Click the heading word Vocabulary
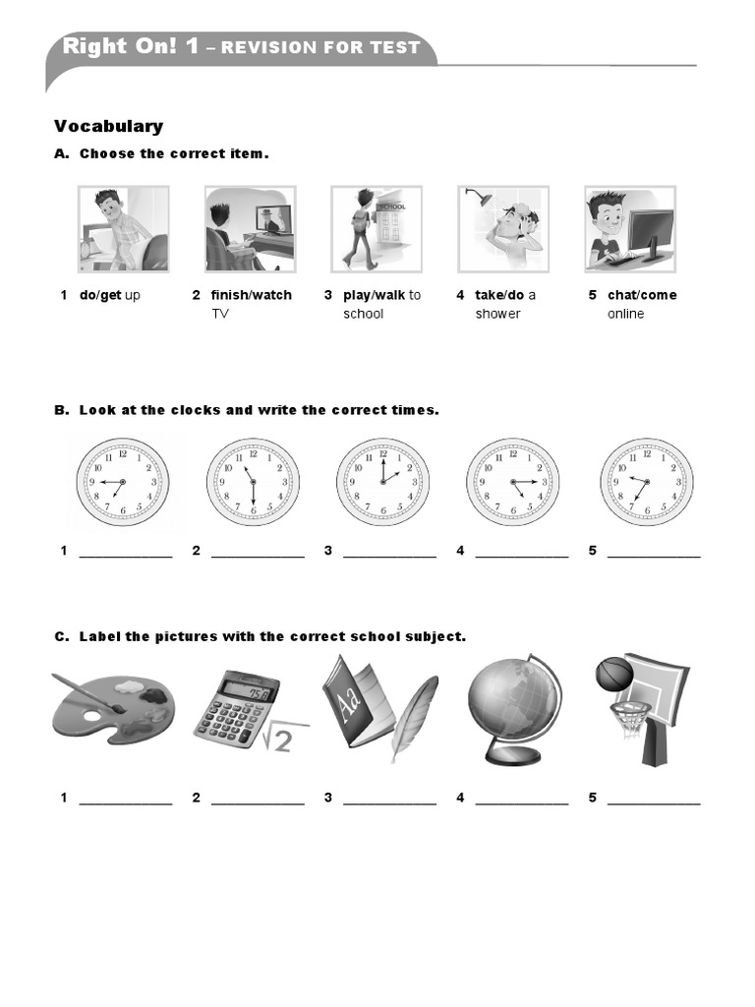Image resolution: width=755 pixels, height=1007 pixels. click(x=108, y=126)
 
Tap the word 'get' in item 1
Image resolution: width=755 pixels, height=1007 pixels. click(x=112, y=295)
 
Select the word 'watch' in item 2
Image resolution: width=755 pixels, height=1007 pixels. click(x=272, y=295)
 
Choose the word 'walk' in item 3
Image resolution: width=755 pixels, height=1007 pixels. click(x=389, y=295)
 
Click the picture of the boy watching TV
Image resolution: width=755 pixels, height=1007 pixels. click(x=250, y=229)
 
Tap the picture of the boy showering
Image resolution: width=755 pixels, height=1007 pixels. click(x=502, y=229)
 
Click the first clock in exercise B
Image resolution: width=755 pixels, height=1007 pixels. click(x=123, y=483)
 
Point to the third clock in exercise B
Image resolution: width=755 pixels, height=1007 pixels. click(x=383, y=483)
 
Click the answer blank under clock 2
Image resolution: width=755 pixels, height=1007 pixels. click(x=258, y=556)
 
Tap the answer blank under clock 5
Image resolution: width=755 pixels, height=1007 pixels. click(x=654, y=556)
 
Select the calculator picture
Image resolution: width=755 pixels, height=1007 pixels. click(x=236, y=705)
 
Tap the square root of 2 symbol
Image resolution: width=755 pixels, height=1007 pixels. click(x=278, y=737)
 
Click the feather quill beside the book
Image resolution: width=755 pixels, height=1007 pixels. click(x=414, y=716)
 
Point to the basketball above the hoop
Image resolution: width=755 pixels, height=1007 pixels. click(x=614, y=675)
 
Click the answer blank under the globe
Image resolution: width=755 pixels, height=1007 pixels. click(x=522, y=802)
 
